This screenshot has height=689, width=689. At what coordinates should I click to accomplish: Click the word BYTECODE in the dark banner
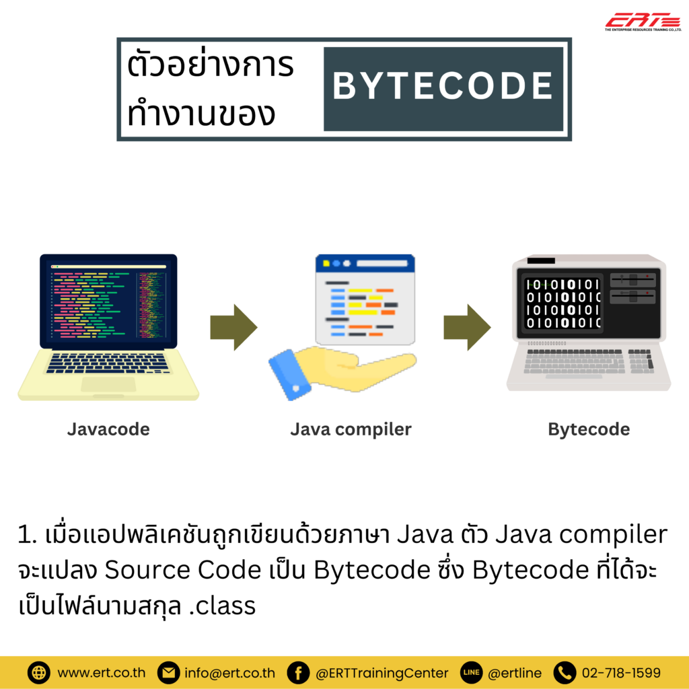[x=443, y=87]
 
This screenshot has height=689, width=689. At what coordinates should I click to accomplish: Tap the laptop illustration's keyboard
[x=108, y=363]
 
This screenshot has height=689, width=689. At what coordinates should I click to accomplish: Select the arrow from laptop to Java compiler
[x=233, y=327]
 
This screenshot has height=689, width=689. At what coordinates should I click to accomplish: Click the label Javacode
[x=108, y=429]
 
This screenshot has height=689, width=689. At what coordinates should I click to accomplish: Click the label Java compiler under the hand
[x=351, y=429]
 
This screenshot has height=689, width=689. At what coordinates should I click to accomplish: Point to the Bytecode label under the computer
[x=589, y=429]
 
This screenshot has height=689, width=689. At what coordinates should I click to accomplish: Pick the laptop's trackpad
[x=108, y=384]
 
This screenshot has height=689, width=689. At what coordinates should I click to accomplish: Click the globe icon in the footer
[x=39, y=672]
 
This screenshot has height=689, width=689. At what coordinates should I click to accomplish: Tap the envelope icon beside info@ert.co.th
[x=168, y=672]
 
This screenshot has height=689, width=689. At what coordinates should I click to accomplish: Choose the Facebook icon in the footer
[x=297, y=672]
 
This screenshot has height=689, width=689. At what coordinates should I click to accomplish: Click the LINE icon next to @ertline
[x=472, y=672]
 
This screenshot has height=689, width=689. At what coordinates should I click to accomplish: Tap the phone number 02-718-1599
[x=621, y=672]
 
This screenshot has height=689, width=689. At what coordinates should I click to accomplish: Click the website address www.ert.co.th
[x=100, y=672]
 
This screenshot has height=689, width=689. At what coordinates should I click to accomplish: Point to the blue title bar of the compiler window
[x=365, y=262]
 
